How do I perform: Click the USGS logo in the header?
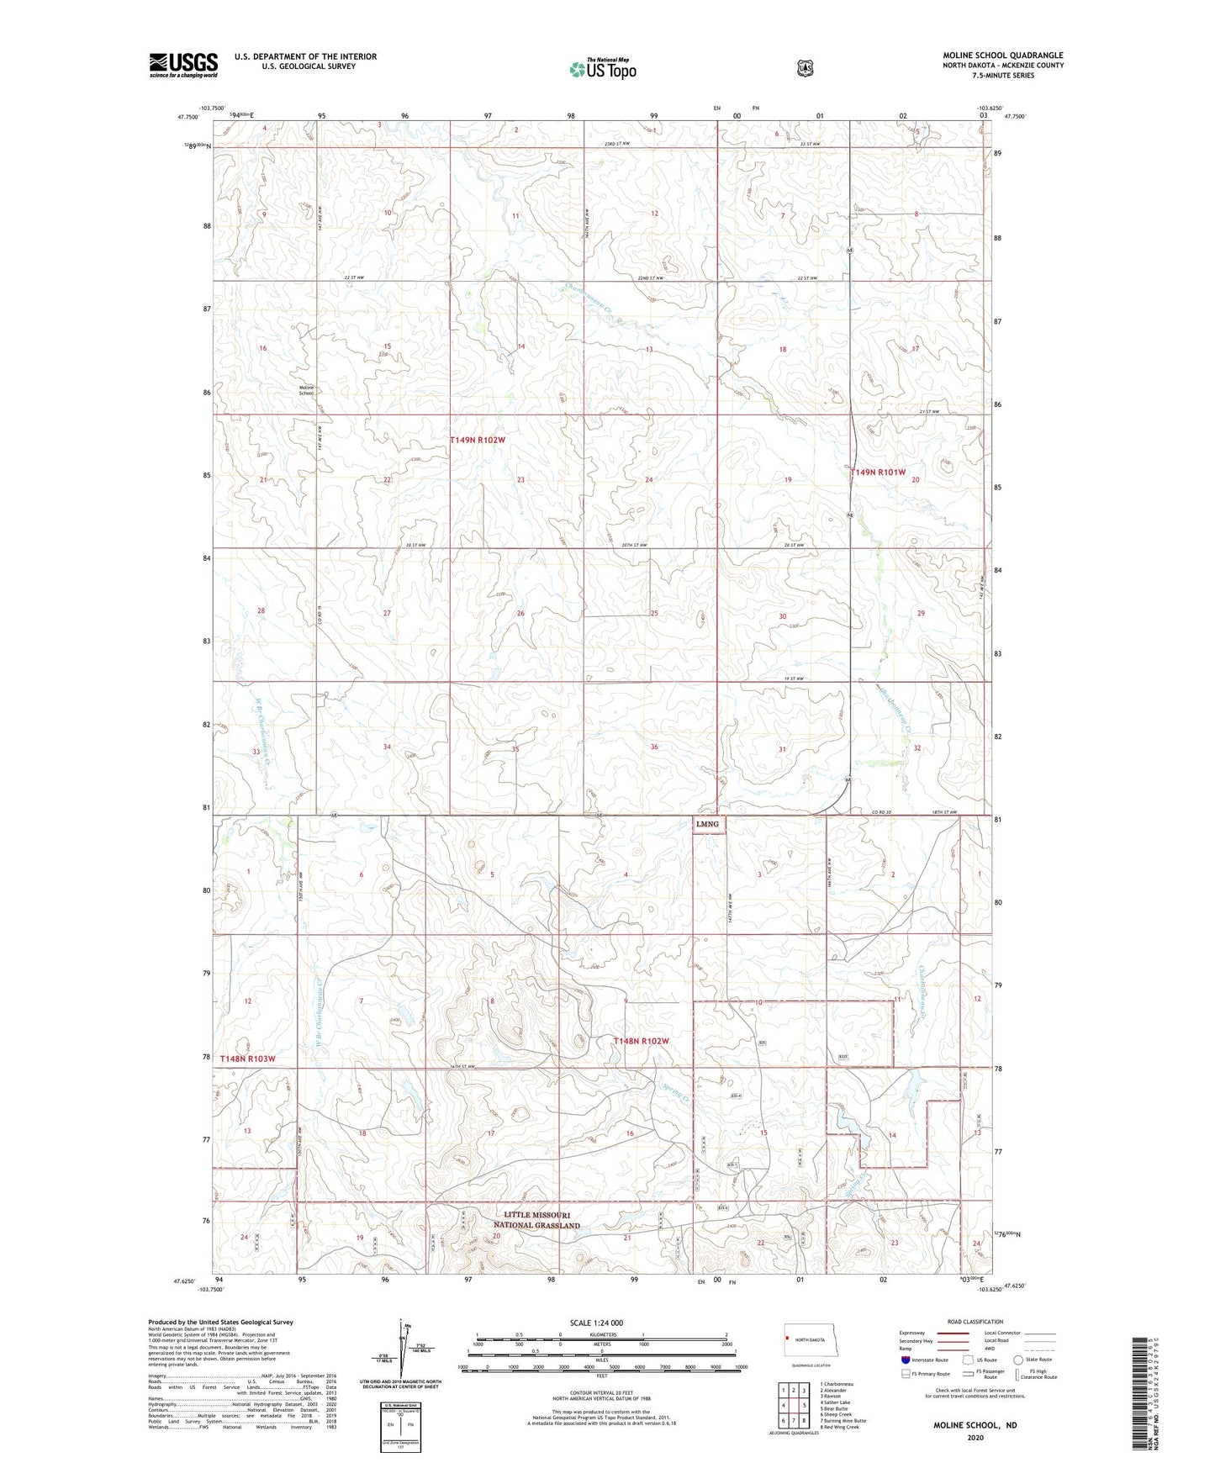point(183,64)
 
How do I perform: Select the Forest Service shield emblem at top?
point(806,67)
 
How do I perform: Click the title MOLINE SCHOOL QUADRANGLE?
point(1002,55)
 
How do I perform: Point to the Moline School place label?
point(306,390)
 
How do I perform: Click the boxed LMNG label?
point(707,824)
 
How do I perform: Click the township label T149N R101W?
point(878,473)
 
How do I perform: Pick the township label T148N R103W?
point(247,1059)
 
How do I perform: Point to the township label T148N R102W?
point(641,1041)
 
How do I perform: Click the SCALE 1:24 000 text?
point(596,1323)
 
